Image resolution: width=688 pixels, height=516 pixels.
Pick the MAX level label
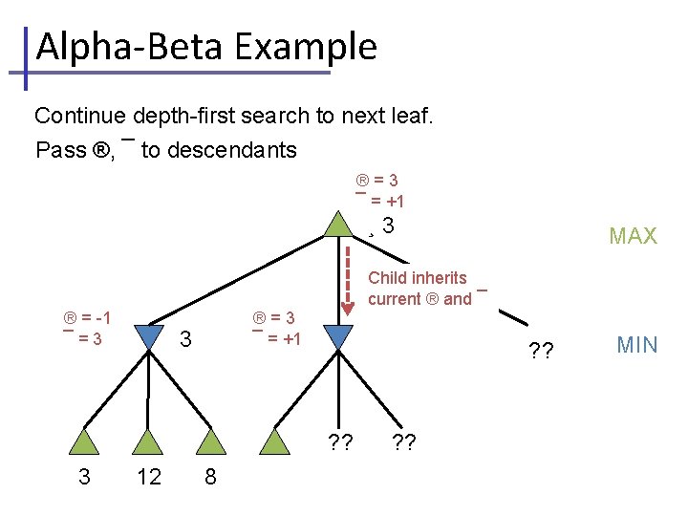(633, 236)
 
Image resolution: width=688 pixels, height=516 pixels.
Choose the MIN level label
(636, 345)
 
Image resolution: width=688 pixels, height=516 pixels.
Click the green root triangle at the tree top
(338, 225)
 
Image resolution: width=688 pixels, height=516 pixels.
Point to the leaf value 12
(149, 477)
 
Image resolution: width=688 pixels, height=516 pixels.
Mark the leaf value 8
(210, 477)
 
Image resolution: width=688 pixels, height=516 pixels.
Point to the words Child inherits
(418, 278)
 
